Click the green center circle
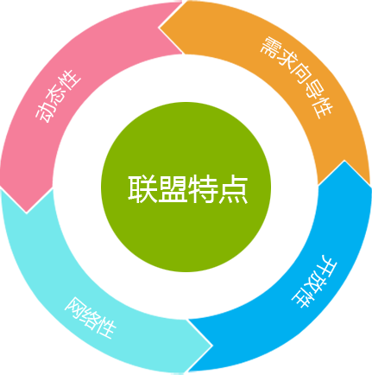(x=186, y=187)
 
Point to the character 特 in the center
(x=203, y=189)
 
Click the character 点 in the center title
(x=233, y=189)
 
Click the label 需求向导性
(x=297, y=77)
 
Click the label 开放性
(x=314, y=282)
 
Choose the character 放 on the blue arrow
(x=315, y=282)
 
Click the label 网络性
(x=90, y=318)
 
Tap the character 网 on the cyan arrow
(x=75, y=308)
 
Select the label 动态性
(x=58, y=96)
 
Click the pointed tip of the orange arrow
(x=159, y=28)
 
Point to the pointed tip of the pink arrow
(x=27, y=213)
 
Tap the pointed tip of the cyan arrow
(x=212, y=345)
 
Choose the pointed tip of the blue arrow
(x=344, y=161)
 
